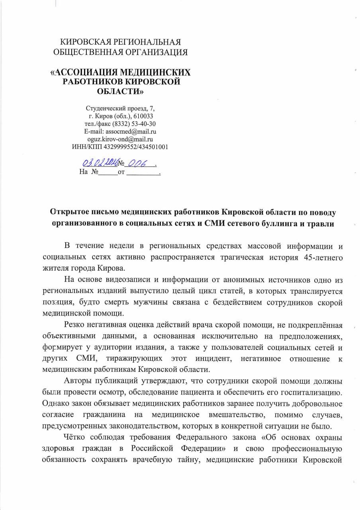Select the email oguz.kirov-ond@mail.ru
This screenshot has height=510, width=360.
click(120, 139)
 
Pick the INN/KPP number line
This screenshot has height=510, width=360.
click(120, 147)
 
